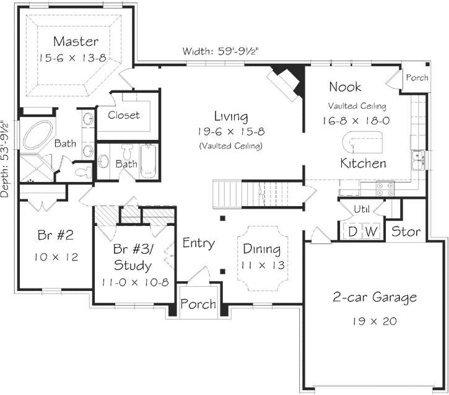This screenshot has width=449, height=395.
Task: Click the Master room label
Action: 76,41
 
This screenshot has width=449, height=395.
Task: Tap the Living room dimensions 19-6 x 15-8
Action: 231,132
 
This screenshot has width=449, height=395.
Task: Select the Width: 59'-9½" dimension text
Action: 224,51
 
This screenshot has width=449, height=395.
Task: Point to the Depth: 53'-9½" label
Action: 6,158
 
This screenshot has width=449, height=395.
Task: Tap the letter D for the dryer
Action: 352,232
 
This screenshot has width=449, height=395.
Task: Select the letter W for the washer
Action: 372,232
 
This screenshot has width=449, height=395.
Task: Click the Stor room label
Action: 406,232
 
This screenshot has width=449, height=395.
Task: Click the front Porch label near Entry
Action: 199,304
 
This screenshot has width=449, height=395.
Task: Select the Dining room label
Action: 261,250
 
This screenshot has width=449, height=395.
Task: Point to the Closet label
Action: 124,115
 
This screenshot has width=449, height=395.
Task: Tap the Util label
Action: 362,209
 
